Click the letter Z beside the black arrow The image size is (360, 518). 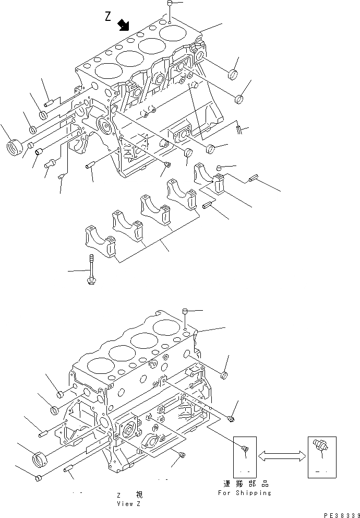(107, 17)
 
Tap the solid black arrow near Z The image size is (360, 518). (124, 25)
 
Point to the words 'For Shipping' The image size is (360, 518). (245, 492)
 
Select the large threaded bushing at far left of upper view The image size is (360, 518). (14, 146)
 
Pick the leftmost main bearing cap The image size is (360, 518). (100, 241)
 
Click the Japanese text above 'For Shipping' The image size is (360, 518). (245, 484)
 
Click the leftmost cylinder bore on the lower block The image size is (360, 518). (98, 366)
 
